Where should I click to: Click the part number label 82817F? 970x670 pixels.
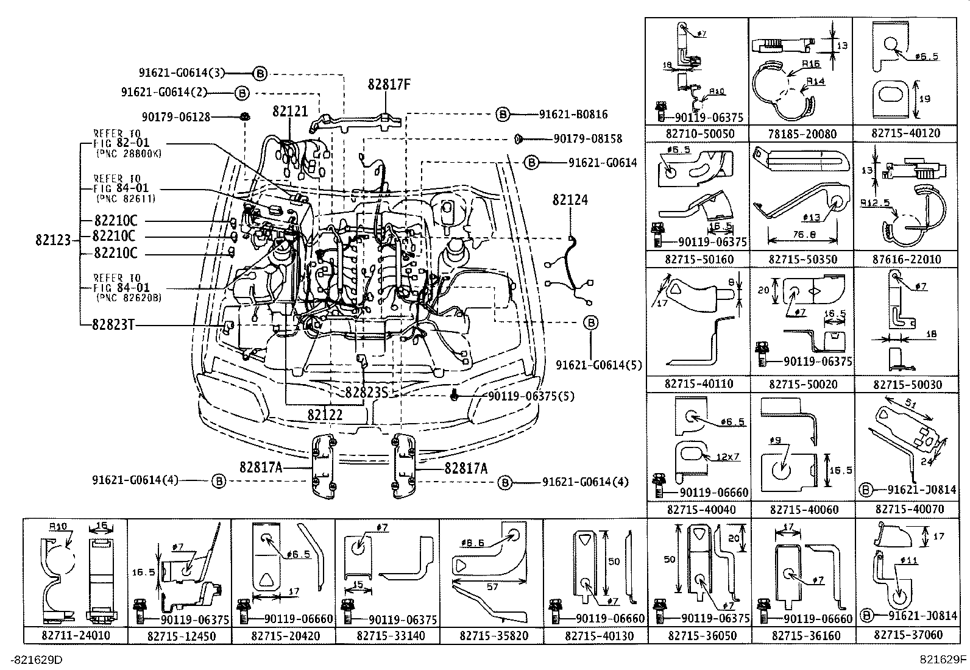(389, 85)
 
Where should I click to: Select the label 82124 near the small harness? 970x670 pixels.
(570, 200)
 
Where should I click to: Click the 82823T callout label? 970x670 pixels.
(113, 324)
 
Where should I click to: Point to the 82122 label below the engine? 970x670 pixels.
(325, 415)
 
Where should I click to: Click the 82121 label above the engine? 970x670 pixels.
(290, 112)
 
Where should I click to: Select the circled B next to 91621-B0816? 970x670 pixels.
(502, 114)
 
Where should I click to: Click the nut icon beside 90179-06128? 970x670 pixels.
(244, 116)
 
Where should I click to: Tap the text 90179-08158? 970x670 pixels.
(588, 139)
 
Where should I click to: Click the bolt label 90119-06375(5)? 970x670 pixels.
(531, 396)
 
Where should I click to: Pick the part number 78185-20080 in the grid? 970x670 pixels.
(801, 134)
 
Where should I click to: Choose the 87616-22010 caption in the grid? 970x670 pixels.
(906, 260)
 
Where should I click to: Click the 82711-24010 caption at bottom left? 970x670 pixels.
(76, 635)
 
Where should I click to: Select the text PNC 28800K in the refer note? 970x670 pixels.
(129, 154)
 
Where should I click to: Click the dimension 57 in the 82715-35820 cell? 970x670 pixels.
(492, 586)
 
